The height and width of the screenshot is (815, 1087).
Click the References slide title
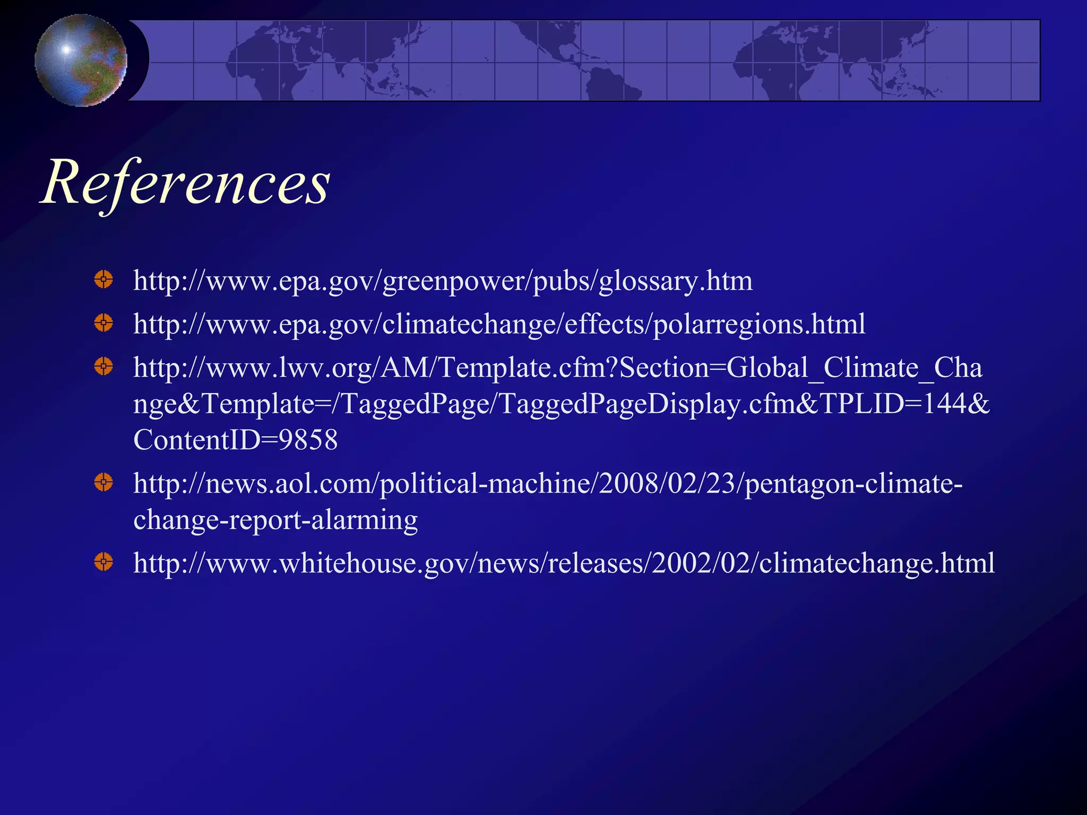click(x=186, y=183)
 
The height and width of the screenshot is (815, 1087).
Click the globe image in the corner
click(x=81, y=60)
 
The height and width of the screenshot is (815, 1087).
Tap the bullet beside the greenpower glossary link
click(x=103, y=279)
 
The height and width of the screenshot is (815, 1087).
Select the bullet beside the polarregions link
click(x=103, y=323)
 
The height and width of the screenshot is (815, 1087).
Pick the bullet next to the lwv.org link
click(x=103, y=366)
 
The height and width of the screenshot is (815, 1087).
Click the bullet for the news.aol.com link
click(x=103, y=482)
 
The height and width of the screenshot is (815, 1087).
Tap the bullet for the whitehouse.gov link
click(x=103, y=561)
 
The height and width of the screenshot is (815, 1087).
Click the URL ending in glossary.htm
click(x=443, y=281)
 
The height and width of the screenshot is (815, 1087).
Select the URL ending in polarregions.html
click(x=499, y=325)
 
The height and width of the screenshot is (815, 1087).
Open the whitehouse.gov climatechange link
click(x=564, y=563)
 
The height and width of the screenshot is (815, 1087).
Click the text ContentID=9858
click(x=235, y=440)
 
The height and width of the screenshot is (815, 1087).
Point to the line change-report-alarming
click(x=275, y=519)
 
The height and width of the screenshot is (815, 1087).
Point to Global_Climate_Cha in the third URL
click(x=854, y=368)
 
